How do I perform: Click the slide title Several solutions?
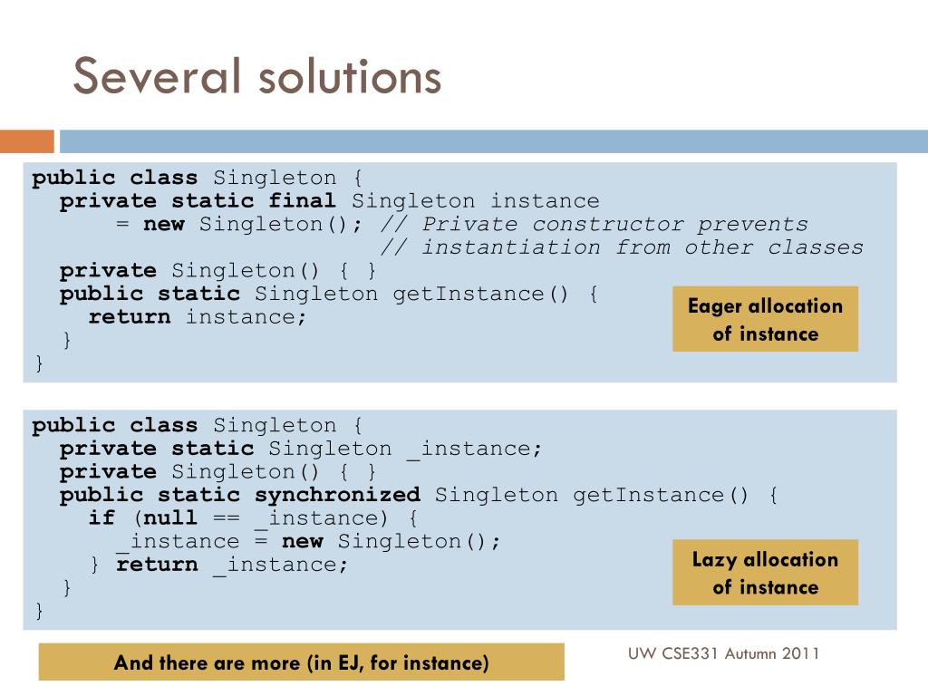pyautogui.click(x=256, y=76)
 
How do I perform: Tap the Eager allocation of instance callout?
pyautogui.click(x=765, y=319)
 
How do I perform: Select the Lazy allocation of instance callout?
pyautogui.click(x=765, y=573)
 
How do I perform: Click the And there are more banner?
pyautogui.click(x=301, y=662)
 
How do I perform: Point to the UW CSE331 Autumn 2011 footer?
pyautogui.click(x=723, y=653)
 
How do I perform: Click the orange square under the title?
pyautogui.click(x=26, y=141)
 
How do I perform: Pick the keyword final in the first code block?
pyautogui.click(x=302, y=201)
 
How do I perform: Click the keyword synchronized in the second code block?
pyautogui.click(x=337, y=495)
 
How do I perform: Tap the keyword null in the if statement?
pyautogui.click(x=170, y=517)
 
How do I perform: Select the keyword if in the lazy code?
pyautogui.click(x=101, y=517)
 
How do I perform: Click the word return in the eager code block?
pyautogui.click(x=130, y=317)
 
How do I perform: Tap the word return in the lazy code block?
pyautogui.click(x=157, y=565)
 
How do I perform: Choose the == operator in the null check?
pyautogui.click(x=227, y=517)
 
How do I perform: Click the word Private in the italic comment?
pyautogui.click(x=469, y=225)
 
